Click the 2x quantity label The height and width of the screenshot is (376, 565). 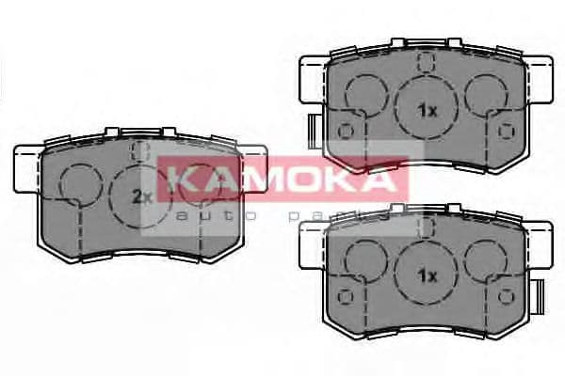[142, 196]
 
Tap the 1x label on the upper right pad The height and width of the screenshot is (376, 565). [428, 110]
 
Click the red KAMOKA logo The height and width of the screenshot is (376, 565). [282, 180]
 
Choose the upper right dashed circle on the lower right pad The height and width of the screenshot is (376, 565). [486, 258]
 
